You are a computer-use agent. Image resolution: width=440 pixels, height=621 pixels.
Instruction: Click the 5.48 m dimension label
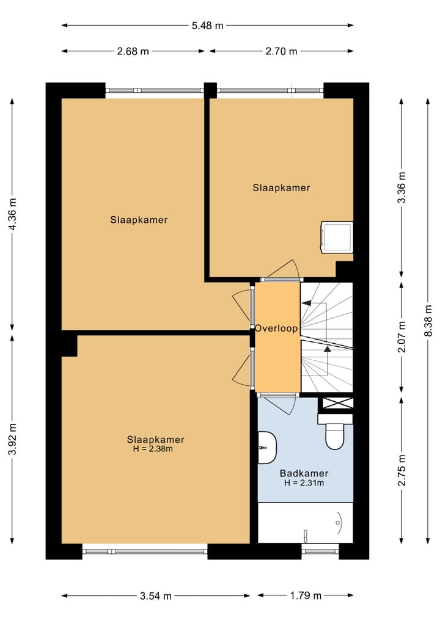pos(207,26)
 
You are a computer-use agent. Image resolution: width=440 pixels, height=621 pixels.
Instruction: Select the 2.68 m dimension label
pos(133,51)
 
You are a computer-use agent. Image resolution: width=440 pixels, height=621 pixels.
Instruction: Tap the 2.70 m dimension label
pos(281,51)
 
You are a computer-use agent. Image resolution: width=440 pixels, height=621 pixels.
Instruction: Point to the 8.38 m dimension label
pos(428,321)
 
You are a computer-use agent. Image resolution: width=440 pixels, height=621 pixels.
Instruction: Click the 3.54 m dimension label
pos(156,595)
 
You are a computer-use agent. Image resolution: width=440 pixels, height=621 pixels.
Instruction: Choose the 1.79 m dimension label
pos(305,595)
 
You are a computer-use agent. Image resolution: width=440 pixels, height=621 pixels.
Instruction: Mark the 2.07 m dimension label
pos(402,336)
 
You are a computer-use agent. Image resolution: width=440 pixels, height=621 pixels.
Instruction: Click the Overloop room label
pos(276,329)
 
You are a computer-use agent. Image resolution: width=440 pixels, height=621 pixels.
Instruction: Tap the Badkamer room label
pos(304,473)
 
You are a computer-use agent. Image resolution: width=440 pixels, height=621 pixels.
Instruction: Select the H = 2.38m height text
pos(153,449)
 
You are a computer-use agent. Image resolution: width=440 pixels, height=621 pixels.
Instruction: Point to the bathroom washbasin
pos(267,448)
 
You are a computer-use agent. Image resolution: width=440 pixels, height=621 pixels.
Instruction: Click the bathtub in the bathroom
pos(305,523)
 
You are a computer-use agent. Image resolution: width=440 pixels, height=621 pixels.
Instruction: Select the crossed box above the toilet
pos(338,403)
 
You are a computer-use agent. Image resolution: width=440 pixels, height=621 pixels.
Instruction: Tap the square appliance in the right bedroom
pos(337,237)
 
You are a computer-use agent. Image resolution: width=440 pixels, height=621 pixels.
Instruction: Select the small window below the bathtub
pos(320,551)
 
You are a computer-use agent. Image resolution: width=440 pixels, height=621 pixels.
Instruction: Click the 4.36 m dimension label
pos(13,214)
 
